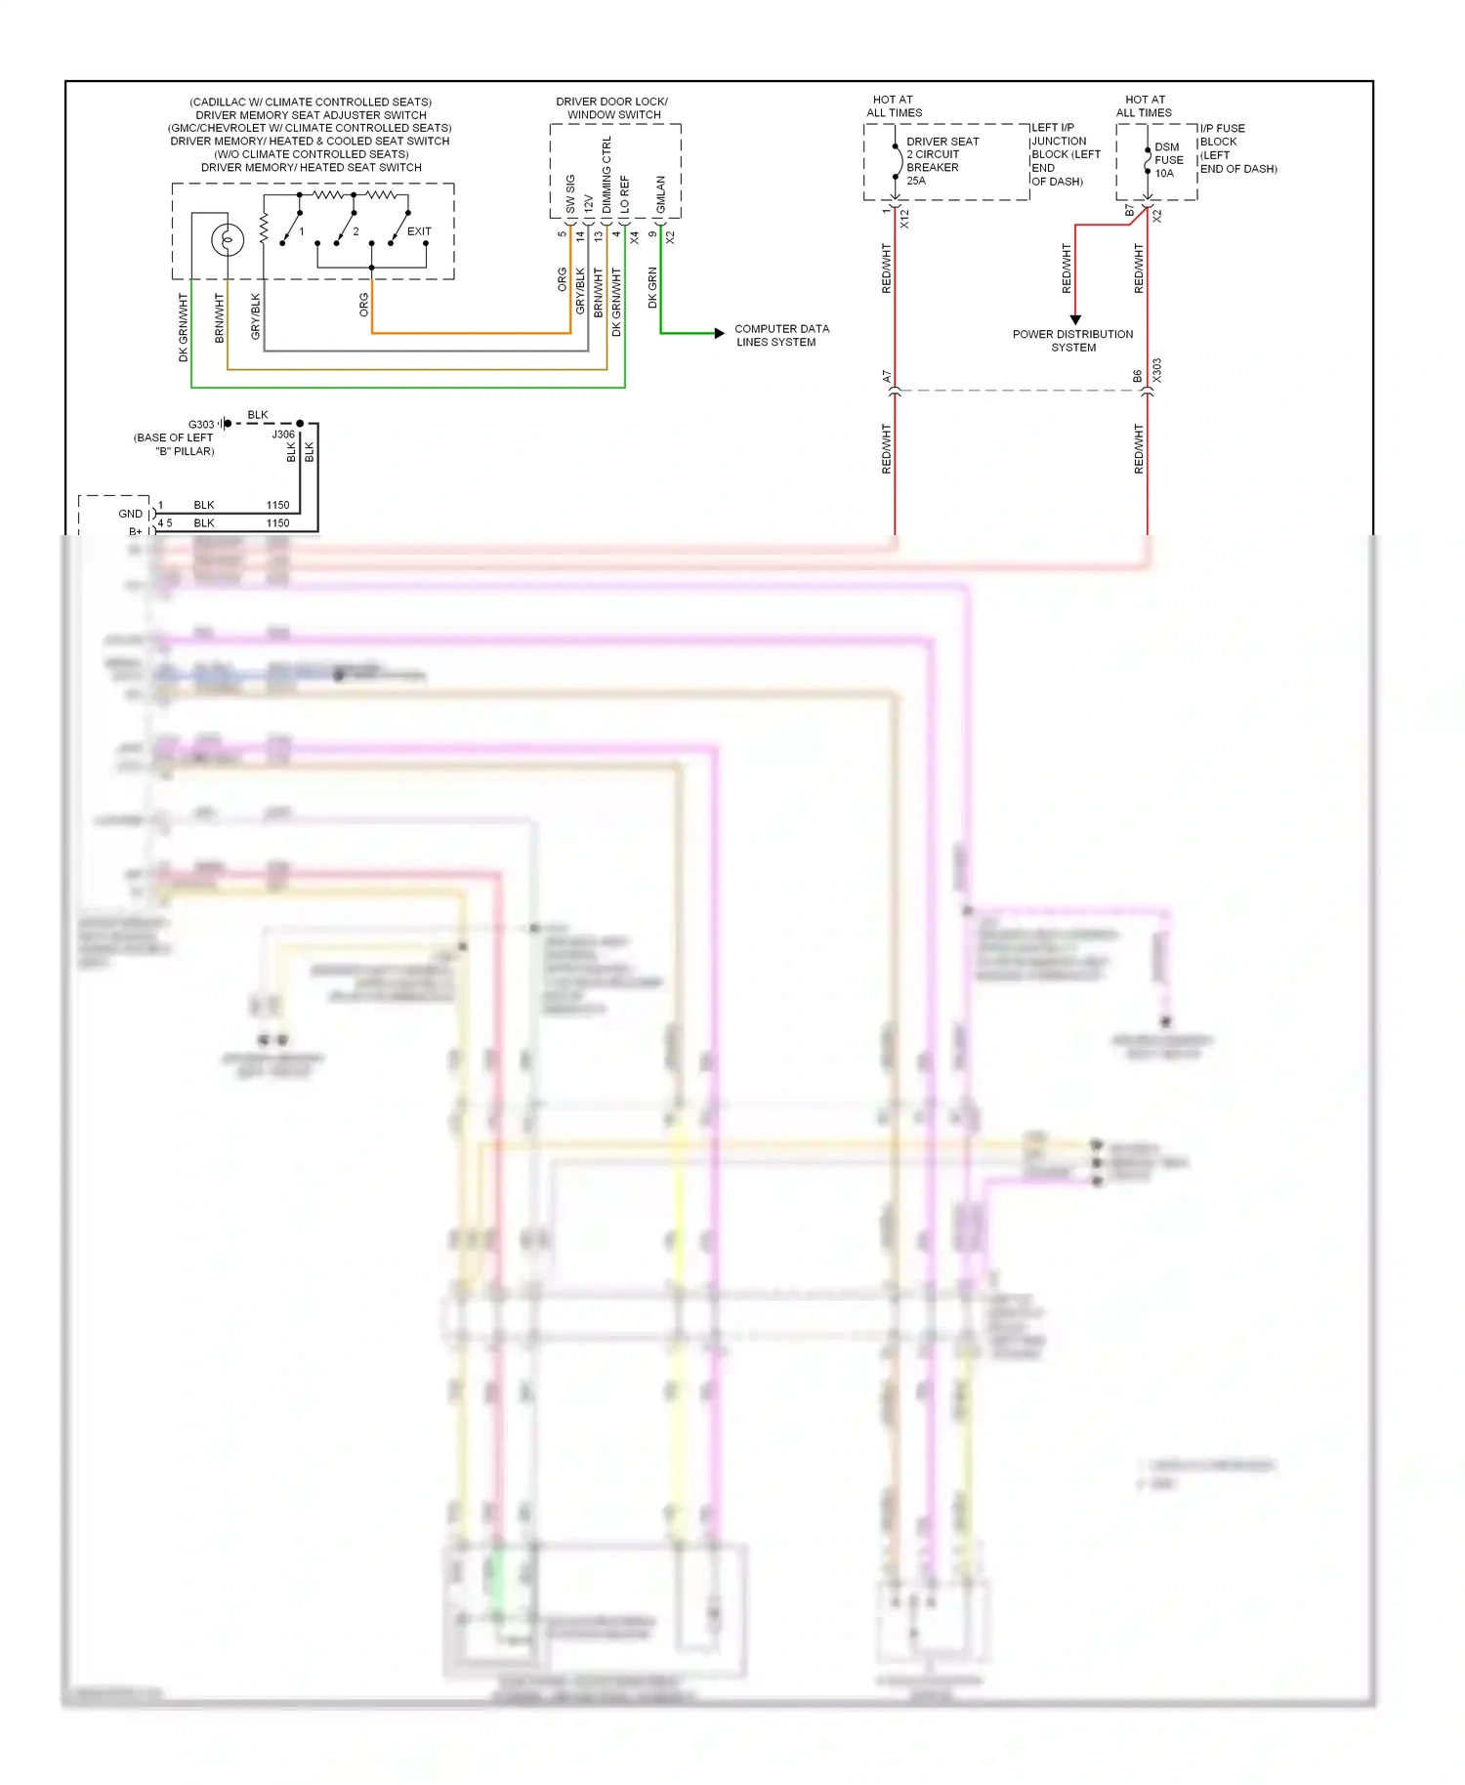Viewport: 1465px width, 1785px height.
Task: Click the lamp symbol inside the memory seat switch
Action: (228, 238)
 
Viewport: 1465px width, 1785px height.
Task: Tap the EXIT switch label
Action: (419, 231)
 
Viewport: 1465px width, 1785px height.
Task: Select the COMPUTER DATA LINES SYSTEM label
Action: (780, 335)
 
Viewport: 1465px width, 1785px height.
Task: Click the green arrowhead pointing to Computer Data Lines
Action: (719, 333)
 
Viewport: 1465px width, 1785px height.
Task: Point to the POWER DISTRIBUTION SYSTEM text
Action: (1072, 341)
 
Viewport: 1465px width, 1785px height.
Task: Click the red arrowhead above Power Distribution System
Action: (1075, 319)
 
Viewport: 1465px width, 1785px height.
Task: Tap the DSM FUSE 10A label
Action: (1168, 160)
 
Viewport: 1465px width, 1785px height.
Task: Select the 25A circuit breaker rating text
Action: (916, 181)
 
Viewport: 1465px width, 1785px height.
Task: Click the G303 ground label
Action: (201, 424)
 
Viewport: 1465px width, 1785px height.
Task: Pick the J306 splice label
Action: (283, 435)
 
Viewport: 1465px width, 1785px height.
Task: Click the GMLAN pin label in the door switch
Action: (661, 194)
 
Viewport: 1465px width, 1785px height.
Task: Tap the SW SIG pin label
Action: (570, 194)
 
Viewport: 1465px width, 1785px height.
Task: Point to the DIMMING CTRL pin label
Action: (607, 176)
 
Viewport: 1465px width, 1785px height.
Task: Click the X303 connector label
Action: (1157, 370)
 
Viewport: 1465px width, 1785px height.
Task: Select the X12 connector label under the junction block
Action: (905, 219)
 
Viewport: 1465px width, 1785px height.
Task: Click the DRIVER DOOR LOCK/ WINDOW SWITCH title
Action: (612, 107)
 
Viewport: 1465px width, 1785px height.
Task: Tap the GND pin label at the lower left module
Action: (130, 514)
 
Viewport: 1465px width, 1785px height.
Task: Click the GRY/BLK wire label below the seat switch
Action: (256, 316)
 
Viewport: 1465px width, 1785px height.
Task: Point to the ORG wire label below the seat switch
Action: (364, 305)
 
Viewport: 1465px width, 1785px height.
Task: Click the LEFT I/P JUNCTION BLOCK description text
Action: (1065, 154)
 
